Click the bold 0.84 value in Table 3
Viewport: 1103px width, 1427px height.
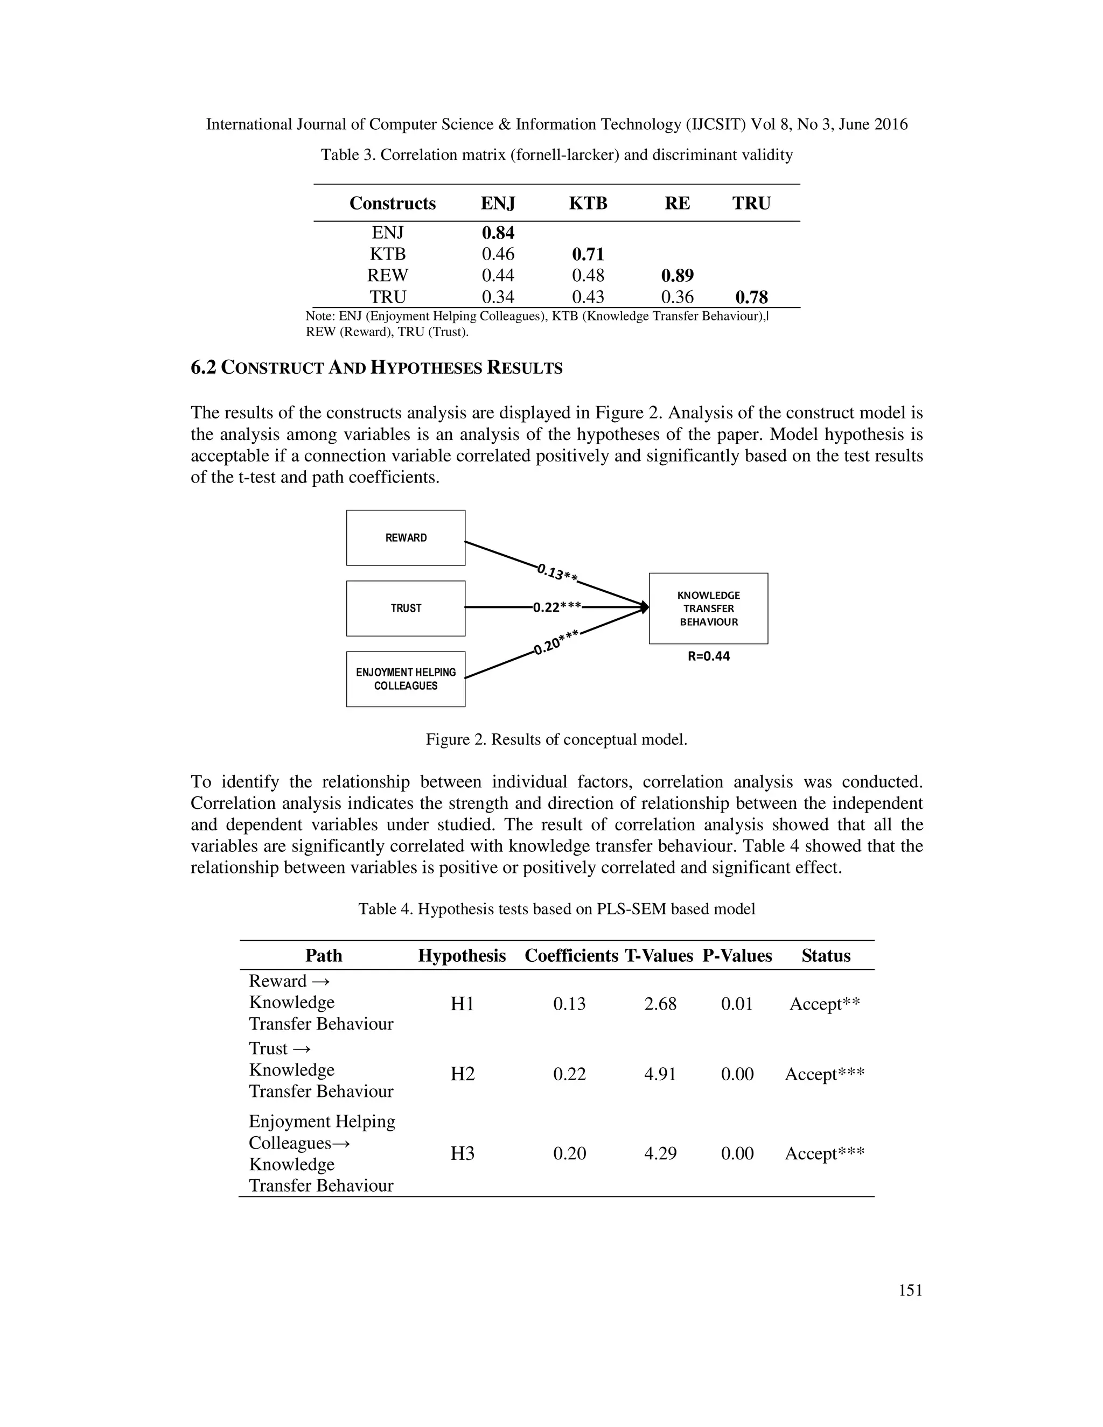(498, 233)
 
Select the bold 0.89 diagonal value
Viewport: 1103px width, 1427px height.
(677, 276)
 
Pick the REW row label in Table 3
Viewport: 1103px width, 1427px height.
(387, 276)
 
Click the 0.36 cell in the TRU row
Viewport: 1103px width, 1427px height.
(677, 297)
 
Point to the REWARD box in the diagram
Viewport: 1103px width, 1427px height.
(406, 538)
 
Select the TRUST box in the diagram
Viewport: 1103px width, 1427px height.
(406, 608)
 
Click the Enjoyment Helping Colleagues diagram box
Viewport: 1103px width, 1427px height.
(406, 679)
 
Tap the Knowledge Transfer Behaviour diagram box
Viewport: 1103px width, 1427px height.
(708, 608)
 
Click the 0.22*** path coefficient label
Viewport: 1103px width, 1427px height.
(557, 607)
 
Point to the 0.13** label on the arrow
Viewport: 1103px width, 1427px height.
(557, 573)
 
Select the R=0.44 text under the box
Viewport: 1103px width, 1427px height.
(708, 656)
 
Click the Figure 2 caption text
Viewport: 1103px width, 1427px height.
(556, 740)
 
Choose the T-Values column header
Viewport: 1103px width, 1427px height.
(659, 956)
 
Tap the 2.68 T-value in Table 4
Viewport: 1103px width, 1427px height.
(660, 1004)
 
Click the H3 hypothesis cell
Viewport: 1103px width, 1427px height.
(462, 1154)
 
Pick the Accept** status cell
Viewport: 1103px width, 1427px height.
(825, 1004)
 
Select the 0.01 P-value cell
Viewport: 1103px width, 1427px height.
(737, 1004)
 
